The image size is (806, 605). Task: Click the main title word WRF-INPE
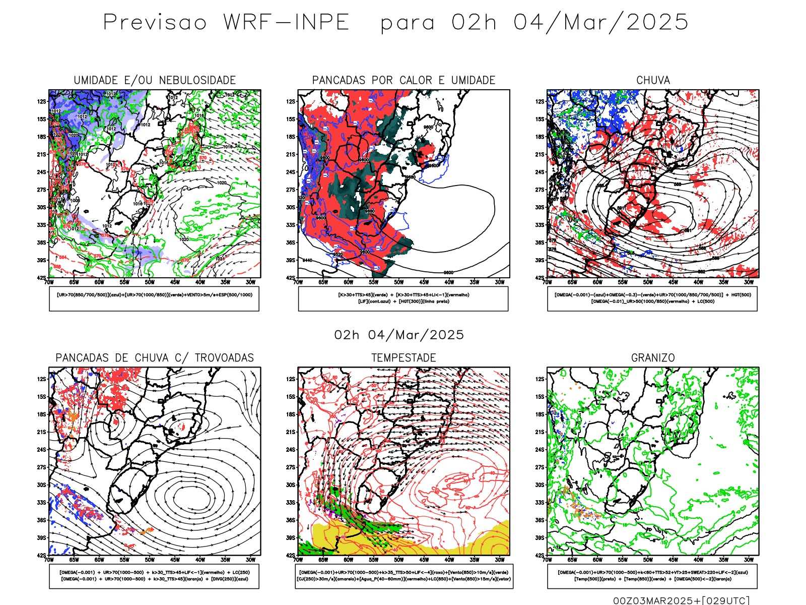coord(286,23)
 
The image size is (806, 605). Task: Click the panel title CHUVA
coord(653,80)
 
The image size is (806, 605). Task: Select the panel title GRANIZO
coord(653,357)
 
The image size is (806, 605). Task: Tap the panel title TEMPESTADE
coord(404,357)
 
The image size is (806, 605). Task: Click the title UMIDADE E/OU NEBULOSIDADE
coord(155,80)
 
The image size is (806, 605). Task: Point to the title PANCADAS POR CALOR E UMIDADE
coord(404,80)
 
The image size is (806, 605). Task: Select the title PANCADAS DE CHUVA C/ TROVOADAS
coord(155,357)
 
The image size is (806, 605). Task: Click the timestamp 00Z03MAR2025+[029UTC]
coord(681,600)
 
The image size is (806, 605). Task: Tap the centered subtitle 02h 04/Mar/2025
coord(399,335)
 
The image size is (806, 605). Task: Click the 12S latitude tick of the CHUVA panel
coord(540,102)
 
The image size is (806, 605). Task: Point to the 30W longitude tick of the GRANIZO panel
coord(749,560)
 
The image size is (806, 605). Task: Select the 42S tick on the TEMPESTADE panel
coord(291,555)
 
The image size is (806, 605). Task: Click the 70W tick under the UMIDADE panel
coord(49,282)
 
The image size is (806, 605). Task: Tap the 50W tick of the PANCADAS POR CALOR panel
coord(399,282)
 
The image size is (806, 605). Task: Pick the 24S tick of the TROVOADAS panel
coord(41,450)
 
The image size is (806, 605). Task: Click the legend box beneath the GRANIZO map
coord(652,576)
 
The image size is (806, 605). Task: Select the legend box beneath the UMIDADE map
coord(154,298)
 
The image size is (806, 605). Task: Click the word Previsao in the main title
coord(155,23)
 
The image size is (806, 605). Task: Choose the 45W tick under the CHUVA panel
coord(674,282)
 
